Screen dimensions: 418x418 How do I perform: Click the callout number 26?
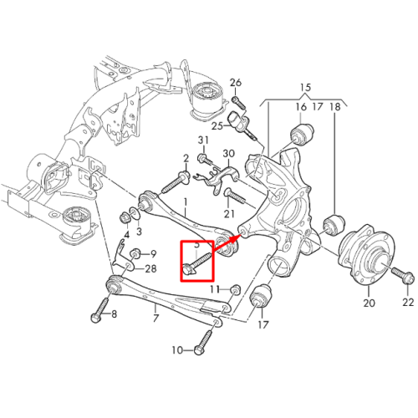[x=236, y=83]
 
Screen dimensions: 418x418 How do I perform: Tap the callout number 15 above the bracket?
[x=305, y=87]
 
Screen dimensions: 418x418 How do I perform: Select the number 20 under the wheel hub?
[x=369, y=303]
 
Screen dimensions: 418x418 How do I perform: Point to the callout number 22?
[x=408, y=302]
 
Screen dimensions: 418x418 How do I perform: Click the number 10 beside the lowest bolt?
[x=177, y=349]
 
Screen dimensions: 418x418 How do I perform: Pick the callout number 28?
[x=150, y=268]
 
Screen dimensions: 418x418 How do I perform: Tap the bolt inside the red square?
[x=196, y=263]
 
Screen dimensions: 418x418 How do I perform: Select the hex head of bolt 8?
[x=95, y=318]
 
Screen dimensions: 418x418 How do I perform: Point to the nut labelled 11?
[x=236, y=289]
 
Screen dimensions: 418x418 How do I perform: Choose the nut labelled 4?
[x=125, y=217]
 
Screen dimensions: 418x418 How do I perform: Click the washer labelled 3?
[x=135, y=213]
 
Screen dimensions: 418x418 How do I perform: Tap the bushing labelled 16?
[x=302, y=135]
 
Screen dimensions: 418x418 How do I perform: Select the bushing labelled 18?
[x=334, y=224]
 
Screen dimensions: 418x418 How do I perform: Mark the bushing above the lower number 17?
[x=262, y=295]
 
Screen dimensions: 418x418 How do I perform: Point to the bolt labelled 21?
[x=235, y=196]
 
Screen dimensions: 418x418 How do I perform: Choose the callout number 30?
[x=228, y=154]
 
